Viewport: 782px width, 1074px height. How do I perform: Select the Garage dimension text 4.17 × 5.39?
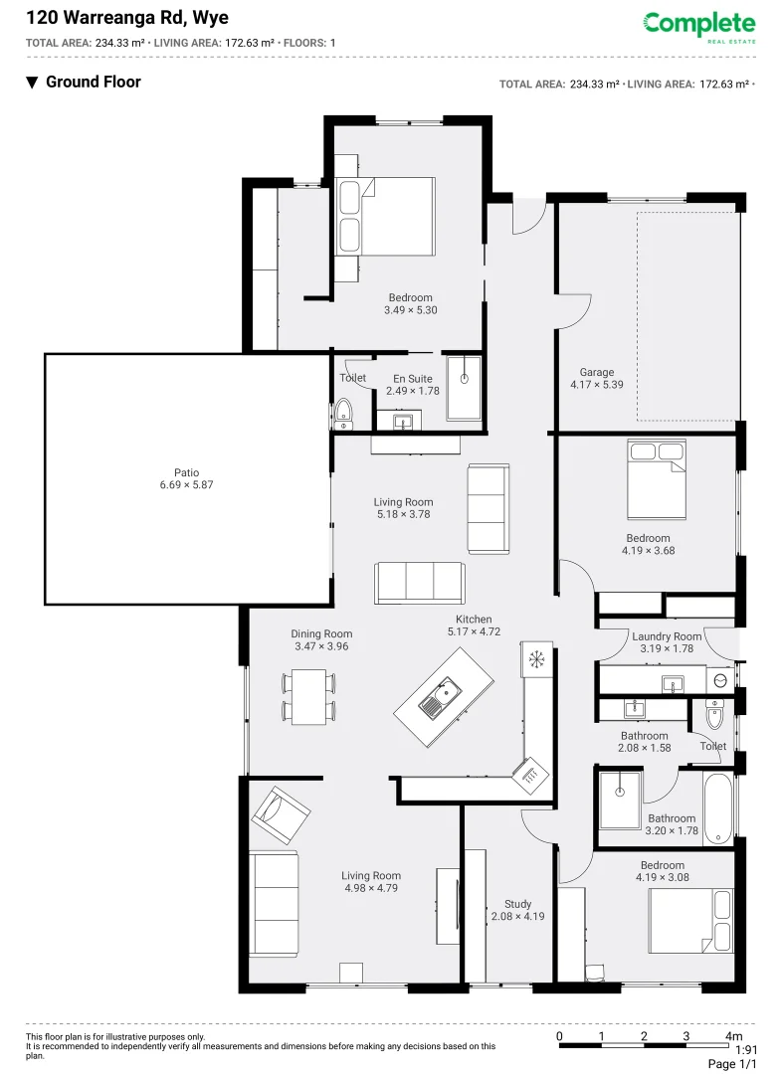pos(596,385)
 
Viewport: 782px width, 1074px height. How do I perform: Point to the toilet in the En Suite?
pos(343,412)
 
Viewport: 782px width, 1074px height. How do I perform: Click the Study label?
pos(517,904)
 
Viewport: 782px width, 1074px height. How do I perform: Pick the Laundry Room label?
pos(666,636)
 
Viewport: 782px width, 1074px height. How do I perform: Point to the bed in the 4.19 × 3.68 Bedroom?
pos(656,478)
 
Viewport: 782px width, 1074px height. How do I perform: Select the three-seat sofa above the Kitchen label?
pos(419,582)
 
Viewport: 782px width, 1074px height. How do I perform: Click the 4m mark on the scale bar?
pos(733,1036)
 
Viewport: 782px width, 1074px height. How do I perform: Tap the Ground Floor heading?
pos(93,83)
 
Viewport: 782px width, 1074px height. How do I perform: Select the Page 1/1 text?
pos(731,1063)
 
